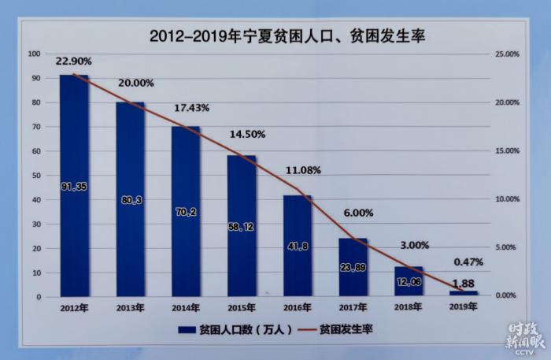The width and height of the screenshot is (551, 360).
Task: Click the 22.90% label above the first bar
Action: (74, 61)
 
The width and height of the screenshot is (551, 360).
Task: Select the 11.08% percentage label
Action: (302, 169)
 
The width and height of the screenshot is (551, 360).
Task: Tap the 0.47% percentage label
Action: (467, 262)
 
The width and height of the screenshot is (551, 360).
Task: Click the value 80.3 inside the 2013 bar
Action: (130, 201)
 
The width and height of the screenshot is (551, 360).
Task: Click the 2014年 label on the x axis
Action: (186, 308)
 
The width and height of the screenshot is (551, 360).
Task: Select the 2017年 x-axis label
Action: (353, 308)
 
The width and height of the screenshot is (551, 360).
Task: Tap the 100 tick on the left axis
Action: (34, 54)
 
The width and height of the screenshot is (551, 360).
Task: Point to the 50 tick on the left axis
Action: (35, 175)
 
